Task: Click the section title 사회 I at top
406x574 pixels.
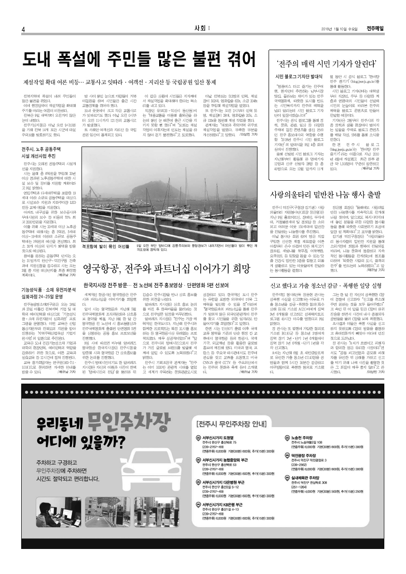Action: [x=202, y=28]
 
